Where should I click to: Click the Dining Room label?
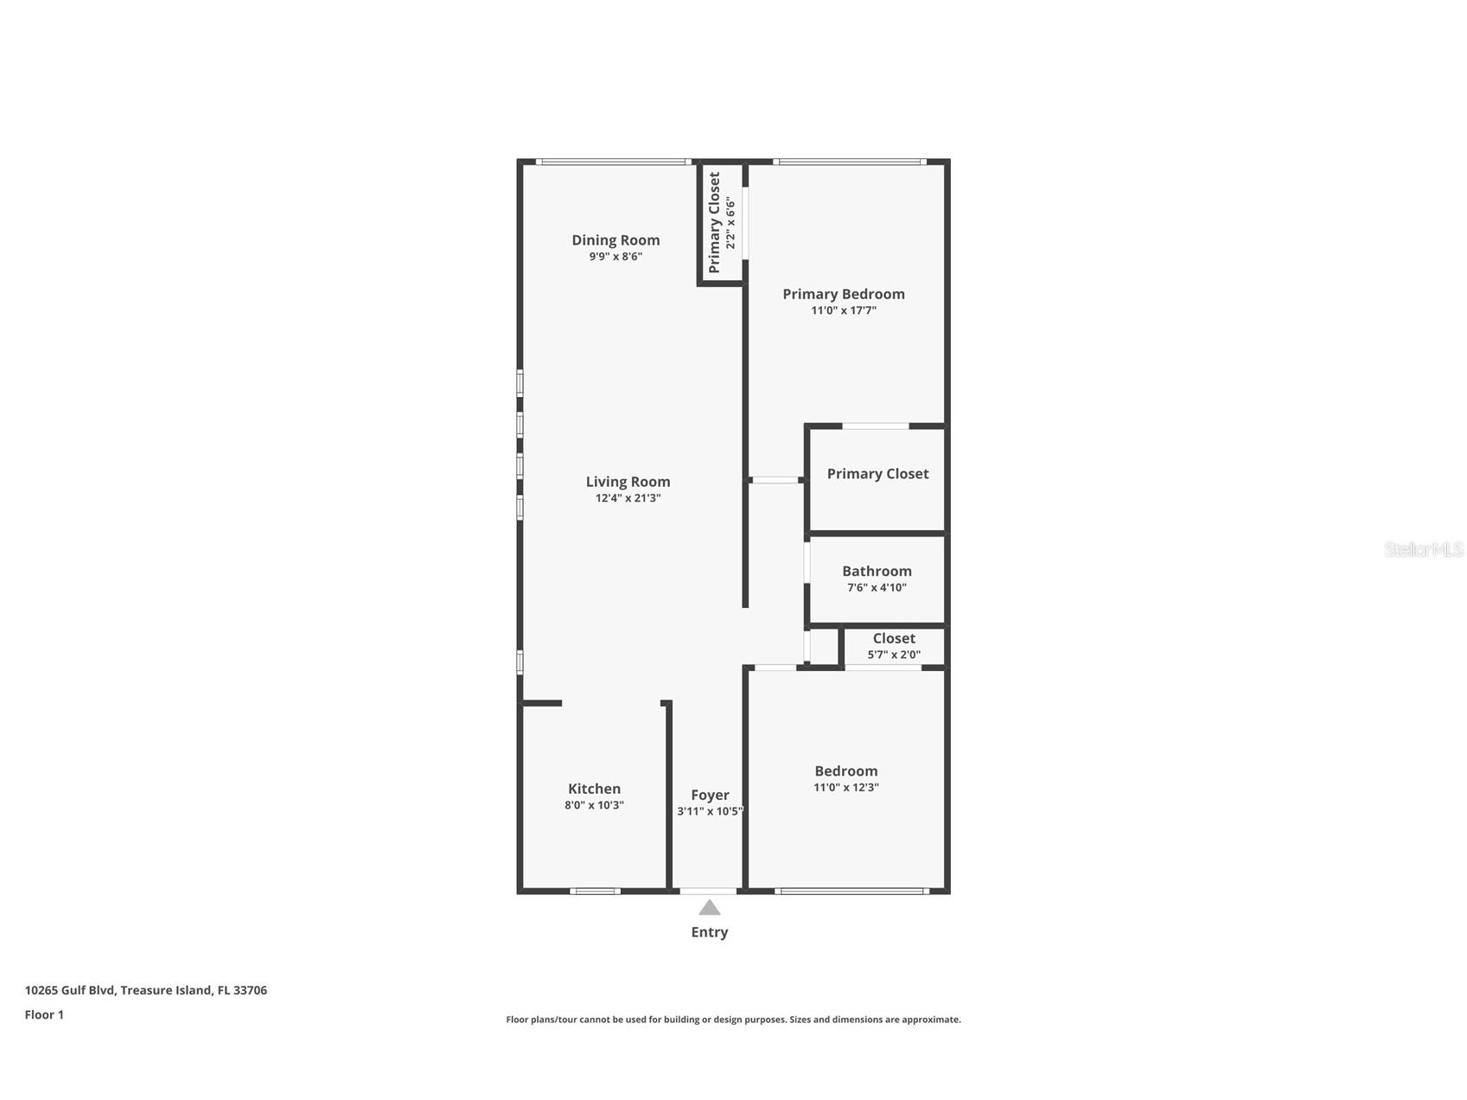coord(616,240)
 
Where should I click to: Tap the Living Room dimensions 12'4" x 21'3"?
coord(628,498)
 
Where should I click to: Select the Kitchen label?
coord(594,789)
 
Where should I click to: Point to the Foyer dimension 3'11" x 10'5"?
coord(710,811)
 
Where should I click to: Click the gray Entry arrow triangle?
coord(709,907)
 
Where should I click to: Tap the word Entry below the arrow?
coord(709,932)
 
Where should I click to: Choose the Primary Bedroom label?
coord(843,294)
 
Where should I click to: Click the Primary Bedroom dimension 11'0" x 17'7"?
coord(843,310)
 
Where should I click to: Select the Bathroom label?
coord(877,571)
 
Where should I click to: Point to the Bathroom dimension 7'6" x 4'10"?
coord(877,588)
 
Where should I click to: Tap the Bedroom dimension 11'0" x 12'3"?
coord(845,788)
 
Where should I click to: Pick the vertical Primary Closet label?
coord(714,222)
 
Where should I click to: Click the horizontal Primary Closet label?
coord(877,474)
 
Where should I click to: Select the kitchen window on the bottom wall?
coord(595,891)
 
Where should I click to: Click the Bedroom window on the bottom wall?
coord(851,891)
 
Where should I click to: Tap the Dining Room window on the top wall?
coord(612,162)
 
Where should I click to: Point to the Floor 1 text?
coord(44,1015)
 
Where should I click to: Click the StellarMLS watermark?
coord(1423,550)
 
